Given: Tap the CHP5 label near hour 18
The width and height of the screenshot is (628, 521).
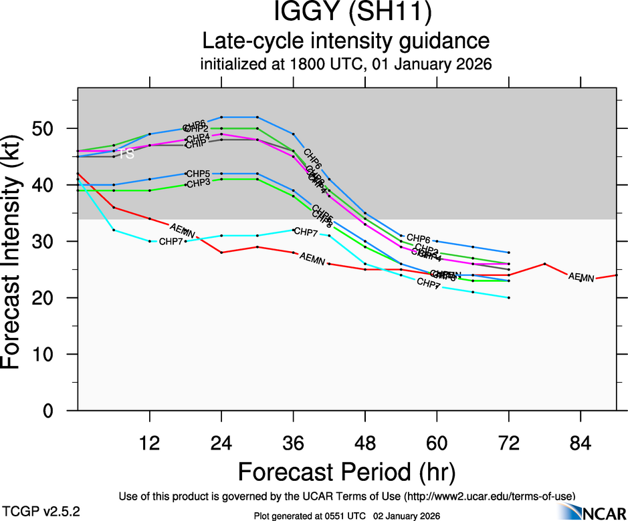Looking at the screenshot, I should tap(198, 174).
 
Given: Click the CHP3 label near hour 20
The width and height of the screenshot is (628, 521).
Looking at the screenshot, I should tap(198, 184).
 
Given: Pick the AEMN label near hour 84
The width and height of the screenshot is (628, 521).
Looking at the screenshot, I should tap(581, 277).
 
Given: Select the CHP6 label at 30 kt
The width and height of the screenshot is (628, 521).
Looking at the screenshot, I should tap(419, 238).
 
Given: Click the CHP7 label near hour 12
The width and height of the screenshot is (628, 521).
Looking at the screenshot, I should tap(171, 241).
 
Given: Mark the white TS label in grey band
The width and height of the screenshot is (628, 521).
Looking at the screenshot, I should tap(127, 154).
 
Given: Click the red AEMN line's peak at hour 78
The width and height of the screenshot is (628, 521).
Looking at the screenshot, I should tap(544, 264).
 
